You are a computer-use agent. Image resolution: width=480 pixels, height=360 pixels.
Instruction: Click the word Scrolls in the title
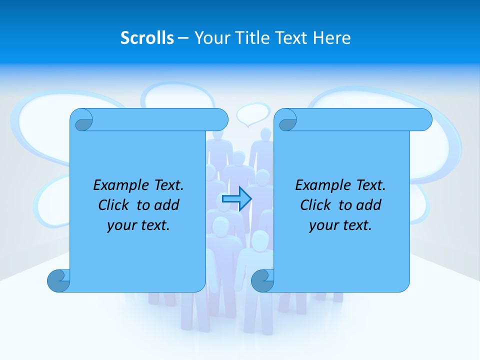147,38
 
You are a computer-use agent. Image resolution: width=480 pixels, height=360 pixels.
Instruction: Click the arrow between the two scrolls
236,199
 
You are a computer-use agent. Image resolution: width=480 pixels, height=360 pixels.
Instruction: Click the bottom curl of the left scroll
58,280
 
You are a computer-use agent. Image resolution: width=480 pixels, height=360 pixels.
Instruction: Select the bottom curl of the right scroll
262,280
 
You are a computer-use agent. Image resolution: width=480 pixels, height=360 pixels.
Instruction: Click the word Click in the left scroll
113,205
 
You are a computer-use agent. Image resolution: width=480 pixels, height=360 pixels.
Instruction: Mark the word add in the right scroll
370,205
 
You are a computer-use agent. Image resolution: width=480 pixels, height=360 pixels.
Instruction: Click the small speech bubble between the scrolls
253,114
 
